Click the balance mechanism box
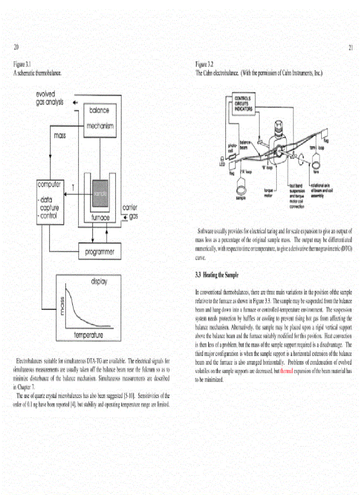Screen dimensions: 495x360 (99, 118)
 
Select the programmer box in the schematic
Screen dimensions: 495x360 (99, 252)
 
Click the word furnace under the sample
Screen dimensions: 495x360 (100, 218)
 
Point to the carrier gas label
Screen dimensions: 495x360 (129, 212)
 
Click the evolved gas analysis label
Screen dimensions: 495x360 (49, 98)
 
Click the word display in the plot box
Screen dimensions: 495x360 (99, 281)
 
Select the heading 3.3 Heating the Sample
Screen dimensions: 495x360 (217, 275)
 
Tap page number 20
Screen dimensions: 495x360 (16, 47)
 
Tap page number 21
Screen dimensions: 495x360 (351, 48)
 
